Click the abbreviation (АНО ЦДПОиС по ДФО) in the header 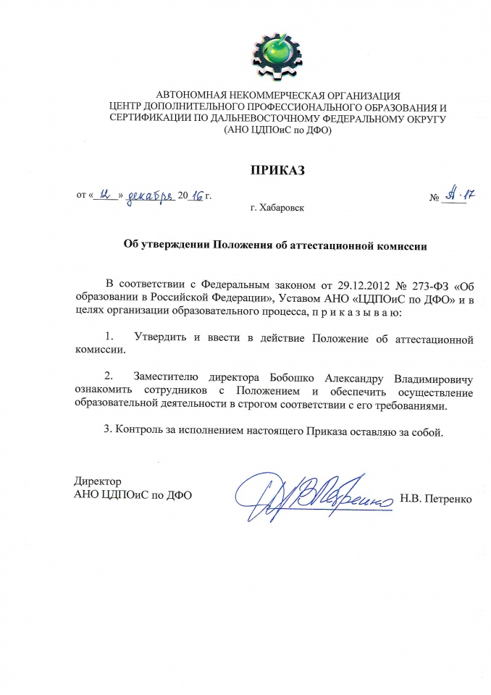point(278,130)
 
